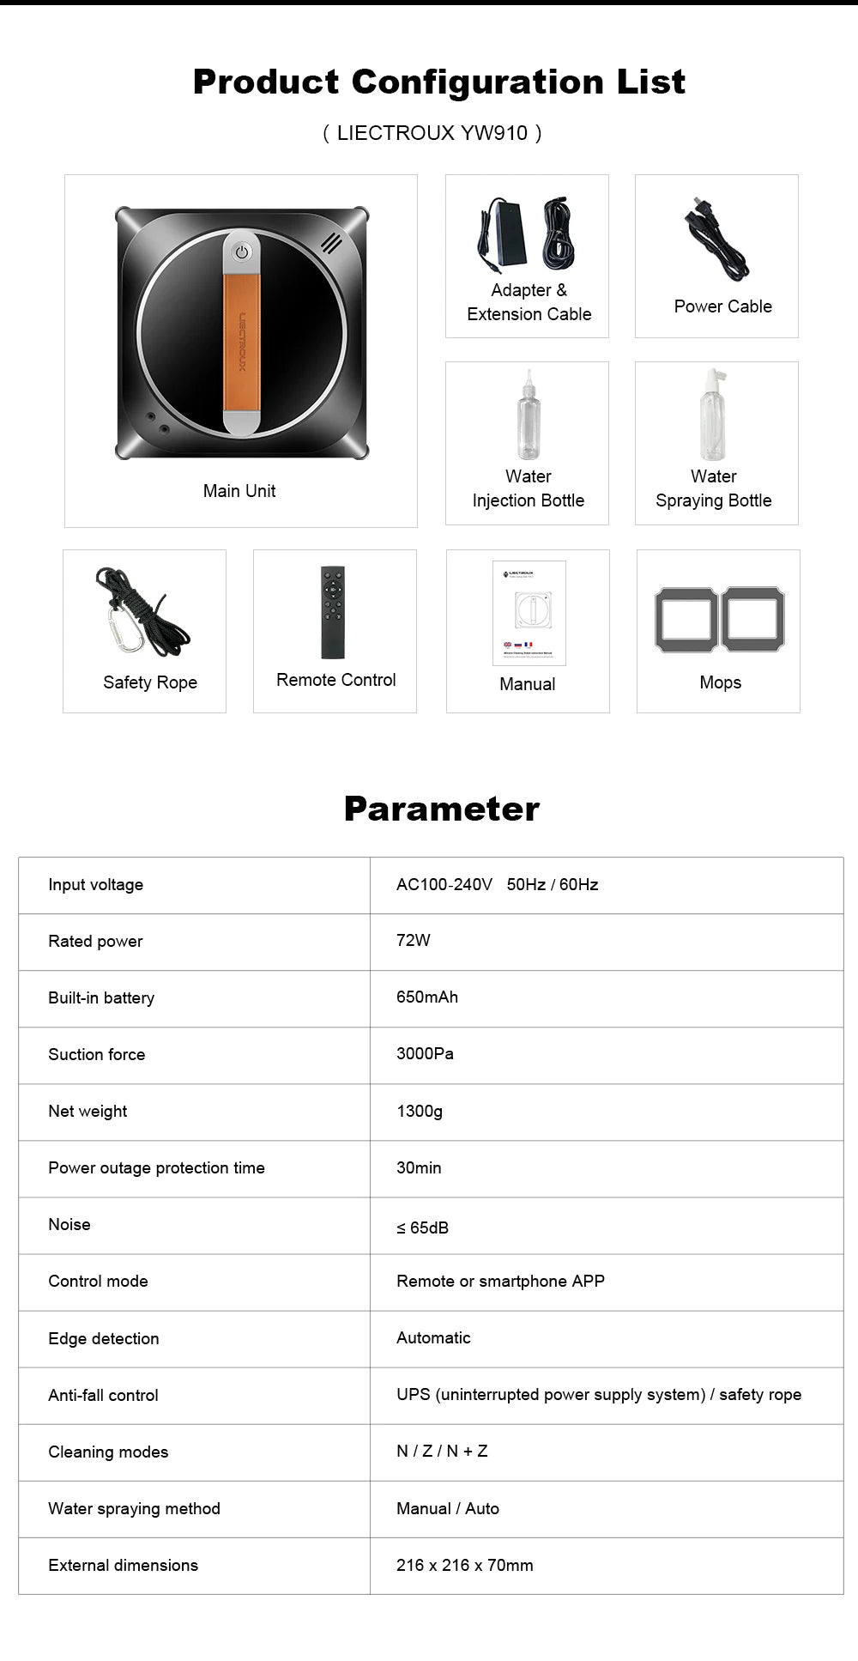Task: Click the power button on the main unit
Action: [x=242, y=252]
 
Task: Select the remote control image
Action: [x=333, y=612]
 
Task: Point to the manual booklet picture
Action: [x=529, y=613]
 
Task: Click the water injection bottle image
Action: [x=529, y=416]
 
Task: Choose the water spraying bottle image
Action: [x=713, y=415]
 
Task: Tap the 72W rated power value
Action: [x=414, y=940]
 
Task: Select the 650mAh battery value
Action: [x=427, y=997]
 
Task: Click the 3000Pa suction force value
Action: [x=425, y=1053]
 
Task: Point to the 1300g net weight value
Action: [x=420, y=1111]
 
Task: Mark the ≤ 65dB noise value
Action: [x=423, y=1228]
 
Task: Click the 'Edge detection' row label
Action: [x=104, y=1338]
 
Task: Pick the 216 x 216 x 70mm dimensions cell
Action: [x=465, y=1565]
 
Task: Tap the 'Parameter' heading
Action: [x=442, y=809]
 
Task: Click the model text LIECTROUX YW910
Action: [x=432, y=133]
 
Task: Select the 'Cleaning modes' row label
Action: [x=108, y=1452]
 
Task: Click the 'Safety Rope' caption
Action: [x=150, y=682]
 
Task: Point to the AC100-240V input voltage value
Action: [x=444, y=884]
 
